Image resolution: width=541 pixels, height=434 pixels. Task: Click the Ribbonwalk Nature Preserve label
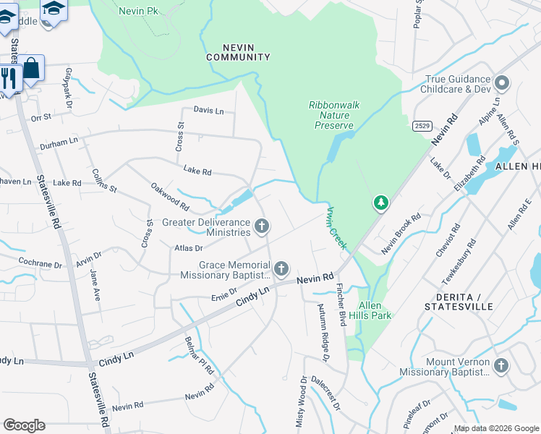(333, 115)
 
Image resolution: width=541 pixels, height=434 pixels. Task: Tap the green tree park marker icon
(380, 203)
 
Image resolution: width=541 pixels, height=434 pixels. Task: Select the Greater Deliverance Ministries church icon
(262, 227)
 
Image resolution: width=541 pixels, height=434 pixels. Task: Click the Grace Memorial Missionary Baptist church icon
(281, 269)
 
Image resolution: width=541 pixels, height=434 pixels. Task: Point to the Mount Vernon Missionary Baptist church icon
(500, 366)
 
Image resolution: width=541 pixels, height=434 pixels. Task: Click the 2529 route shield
(422, 126)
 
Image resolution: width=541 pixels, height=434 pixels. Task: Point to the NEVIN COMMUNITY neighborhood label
(238, 52)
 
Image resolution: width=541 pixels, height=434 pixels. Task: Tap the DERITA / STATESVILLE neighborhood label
(465, 302)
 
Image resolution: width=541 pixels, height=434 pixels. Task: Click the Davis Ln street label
(208, 111)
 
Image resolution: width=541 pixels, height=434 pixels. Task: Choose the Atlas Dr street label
(188, 248)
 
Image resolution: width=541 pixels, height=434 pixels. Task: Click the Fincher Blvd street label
(340, 302)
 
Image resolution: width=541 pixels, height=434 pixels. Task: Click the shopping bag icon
(31, 69)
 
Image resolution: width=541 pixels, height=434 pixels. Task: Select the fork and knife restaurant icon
(9, 77)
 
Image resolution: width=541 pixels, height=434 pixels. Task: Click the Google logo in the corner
(24, 425)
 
